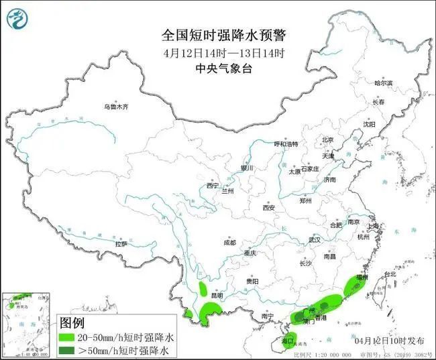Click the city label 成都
click(x=229, y=243)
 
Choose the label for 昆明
click(x=219, y=296)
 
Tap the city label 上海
click(x=374, y=225)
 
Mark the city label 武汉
click(x=315, y=239)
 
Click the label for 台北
click(x=389, y=274)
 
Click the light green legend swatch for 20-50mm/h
click(x=68, y=337)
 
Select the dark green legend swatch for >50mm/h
click(x=68, y=350)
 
